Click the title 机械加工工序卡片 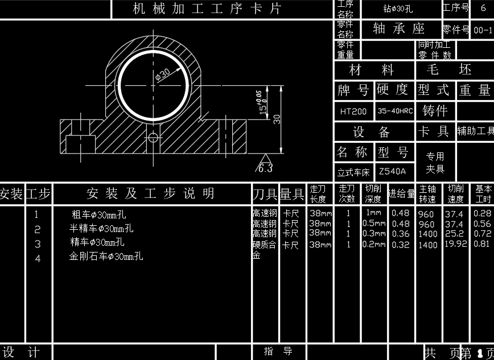pyautogui.click(x=207, y=9)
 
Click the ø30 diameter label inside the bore pyautogui.click(x=163, y=74)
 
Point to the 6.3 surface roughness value pyautogui.click(x=265, y=168)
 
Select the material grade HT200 pyautogui.click(x=353, y=111)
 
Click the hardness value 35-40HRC pyautogui.click(x=395, y=111)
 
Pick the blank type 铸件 pyautogui.click(x=435, y=111)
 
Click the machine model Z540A pyautogui.click(x=392, y=171)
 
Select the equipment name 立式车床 pyautogui.click(x=353, y=171)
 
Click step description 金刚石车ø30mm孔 pyautogui.click(x=106, y=256)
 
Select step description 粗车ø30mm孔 pyautogui.click(x=99, y=215)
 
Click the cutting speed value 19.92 pyautogui.click(x=455, y=245)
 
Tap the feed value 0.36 pyautogui.click(x=401, y=234)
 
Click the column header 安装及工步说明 pyautogui.click(x=150, y=194)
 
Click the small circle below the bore pyautogui.click(x=153, y=138)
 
